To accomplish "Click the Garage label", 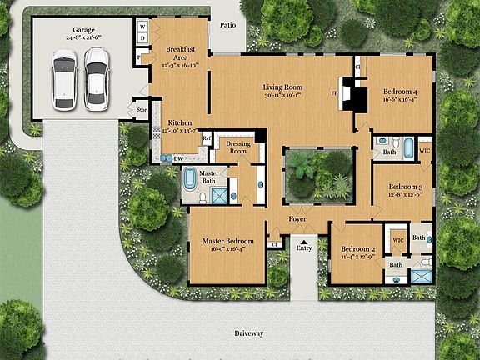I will (83, 31).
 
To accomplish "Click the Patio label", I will (228, 26).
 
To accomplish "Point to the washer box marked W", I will (142, 26).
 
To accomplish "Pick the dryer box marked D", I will (142, 38).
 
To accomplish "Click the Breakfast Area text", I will (180, 53).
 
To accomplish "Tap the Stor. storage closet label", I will (142, 107).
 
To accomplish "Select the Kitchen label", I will (180, 122).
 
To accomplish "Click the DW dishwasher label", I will (178, 157).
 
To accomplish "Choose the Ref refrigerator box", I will (207, 138).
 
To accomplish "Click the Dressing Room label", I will (239, 147).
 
